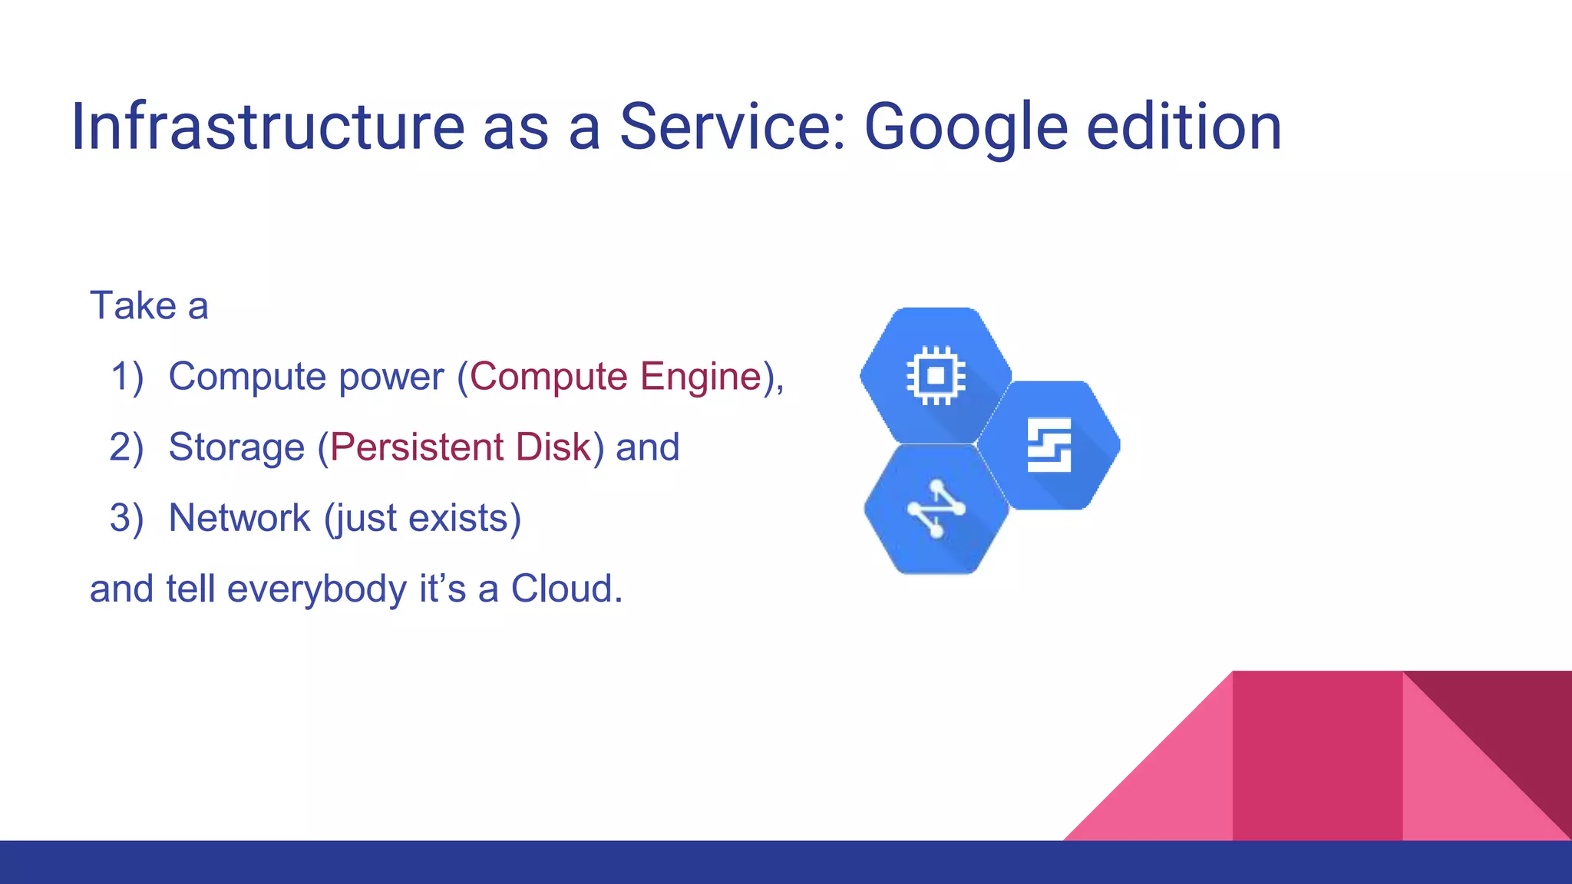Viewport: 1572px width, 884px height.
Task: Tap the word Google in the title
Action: pos(966,128)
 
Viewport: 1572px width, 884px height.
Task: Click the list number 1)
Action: pos(127,378)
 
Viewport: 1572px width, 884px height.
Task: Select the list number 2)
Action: pos(127,448)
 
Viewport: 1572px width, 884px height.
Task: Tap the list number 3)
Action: pos(127,519)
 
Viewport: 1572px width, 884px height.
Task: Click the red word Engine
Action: pos(701,378)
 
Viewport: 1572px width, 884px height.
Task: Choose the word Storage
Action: pos(236,448)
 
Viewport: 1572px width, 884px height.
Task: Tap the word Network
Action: pos(239,518)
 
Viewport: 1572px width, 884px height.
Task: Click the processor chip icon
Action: pos(936,375)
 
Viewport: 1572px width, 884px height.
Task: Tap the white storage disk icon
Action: pos(1049,445)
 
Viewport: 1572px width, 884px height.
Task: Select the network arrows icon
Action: pos(936,509)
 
